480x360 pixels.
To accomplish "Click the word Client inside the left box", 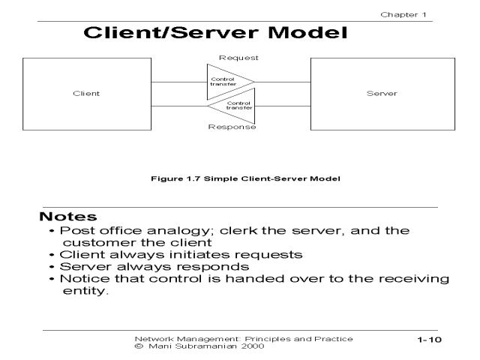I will tap(87, 94).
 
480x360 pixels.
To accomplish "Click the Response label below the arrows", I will tap(232, 127).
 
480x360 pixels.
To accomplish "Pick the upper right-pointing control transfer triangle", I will tap(228, 81).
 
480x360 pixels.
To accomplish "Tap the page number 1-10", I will tap(430, 340).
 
